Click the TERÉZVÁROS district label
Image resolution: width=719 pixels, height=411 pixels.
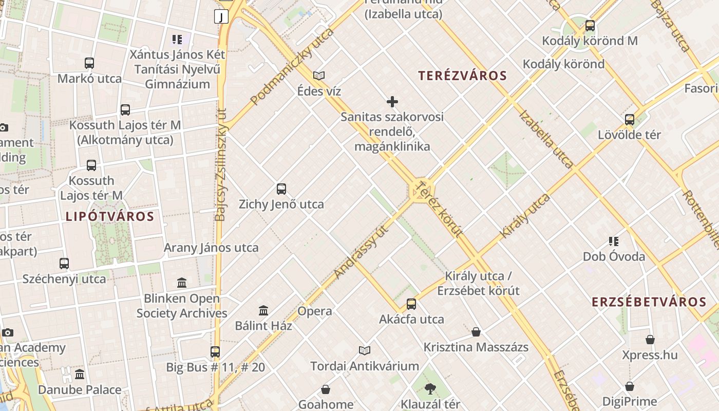pyautogui.click(x=462, y=76)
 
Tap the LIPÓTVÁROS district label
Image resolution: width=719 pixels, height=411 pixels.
pyautogui.click(x=110, y=216)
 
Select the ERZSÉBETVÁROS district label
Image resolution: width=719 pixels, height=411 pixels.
pyautogui.click(x=649, y=302)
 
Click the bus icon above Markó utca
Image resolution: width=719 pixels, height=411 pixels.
pyautogui.click(x=89, y=63)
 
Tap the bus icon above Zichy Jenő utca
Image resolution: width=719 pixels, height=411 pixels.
pyautogui.click(x=281, y=189)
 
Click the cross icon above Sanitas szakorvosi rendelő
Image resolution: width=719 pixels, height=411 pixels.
pyautogui.click(x=392, y=102)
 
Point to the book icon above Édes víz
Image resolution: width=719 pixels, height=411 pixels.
pyautogui.click(x=319, y=76)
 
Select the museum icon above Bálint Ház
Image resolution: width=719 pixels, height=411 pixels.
pyautogui.click(x=263, y=310)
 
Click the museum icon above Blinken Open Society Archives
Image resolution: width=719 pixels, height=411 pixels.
pyautogui.click(x=182, y=283)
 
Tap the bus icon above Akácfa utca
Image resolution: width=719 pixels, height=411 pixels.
pyautogui.click(x=411, y=304)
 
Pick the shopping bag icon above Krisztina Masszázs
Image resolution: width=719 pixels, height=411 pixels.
pyautogui.click(x=476, y=332)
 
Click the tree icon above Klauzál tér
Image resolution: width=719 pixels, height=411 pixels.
pyautogui.click(x=430, y=389)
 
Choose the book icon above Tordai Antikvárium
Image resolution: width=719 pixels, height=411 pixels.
pyautogui.click(x=365, y=350)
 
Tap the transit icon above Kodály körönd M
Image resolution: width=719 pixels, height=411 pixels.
pyautogui.click(x=590, y=25)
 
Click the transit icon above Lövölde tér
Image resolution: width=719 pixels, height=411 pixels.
pyautogui.click(x=630, y=120)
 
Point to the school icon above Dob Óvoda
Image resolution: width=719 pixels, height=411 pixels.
pyautogui.click(x=614, y=241)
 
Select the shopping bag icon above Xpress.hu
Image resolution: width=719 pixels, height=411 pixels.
pyautogui.click(x=650, y=340)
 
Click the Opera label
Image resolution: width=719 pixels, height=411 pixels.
pyautogui.click(x=315, y=311)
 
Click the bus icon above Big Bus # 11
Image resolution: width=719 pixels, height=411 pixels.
pyautogui.click(x=215, y=352)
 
